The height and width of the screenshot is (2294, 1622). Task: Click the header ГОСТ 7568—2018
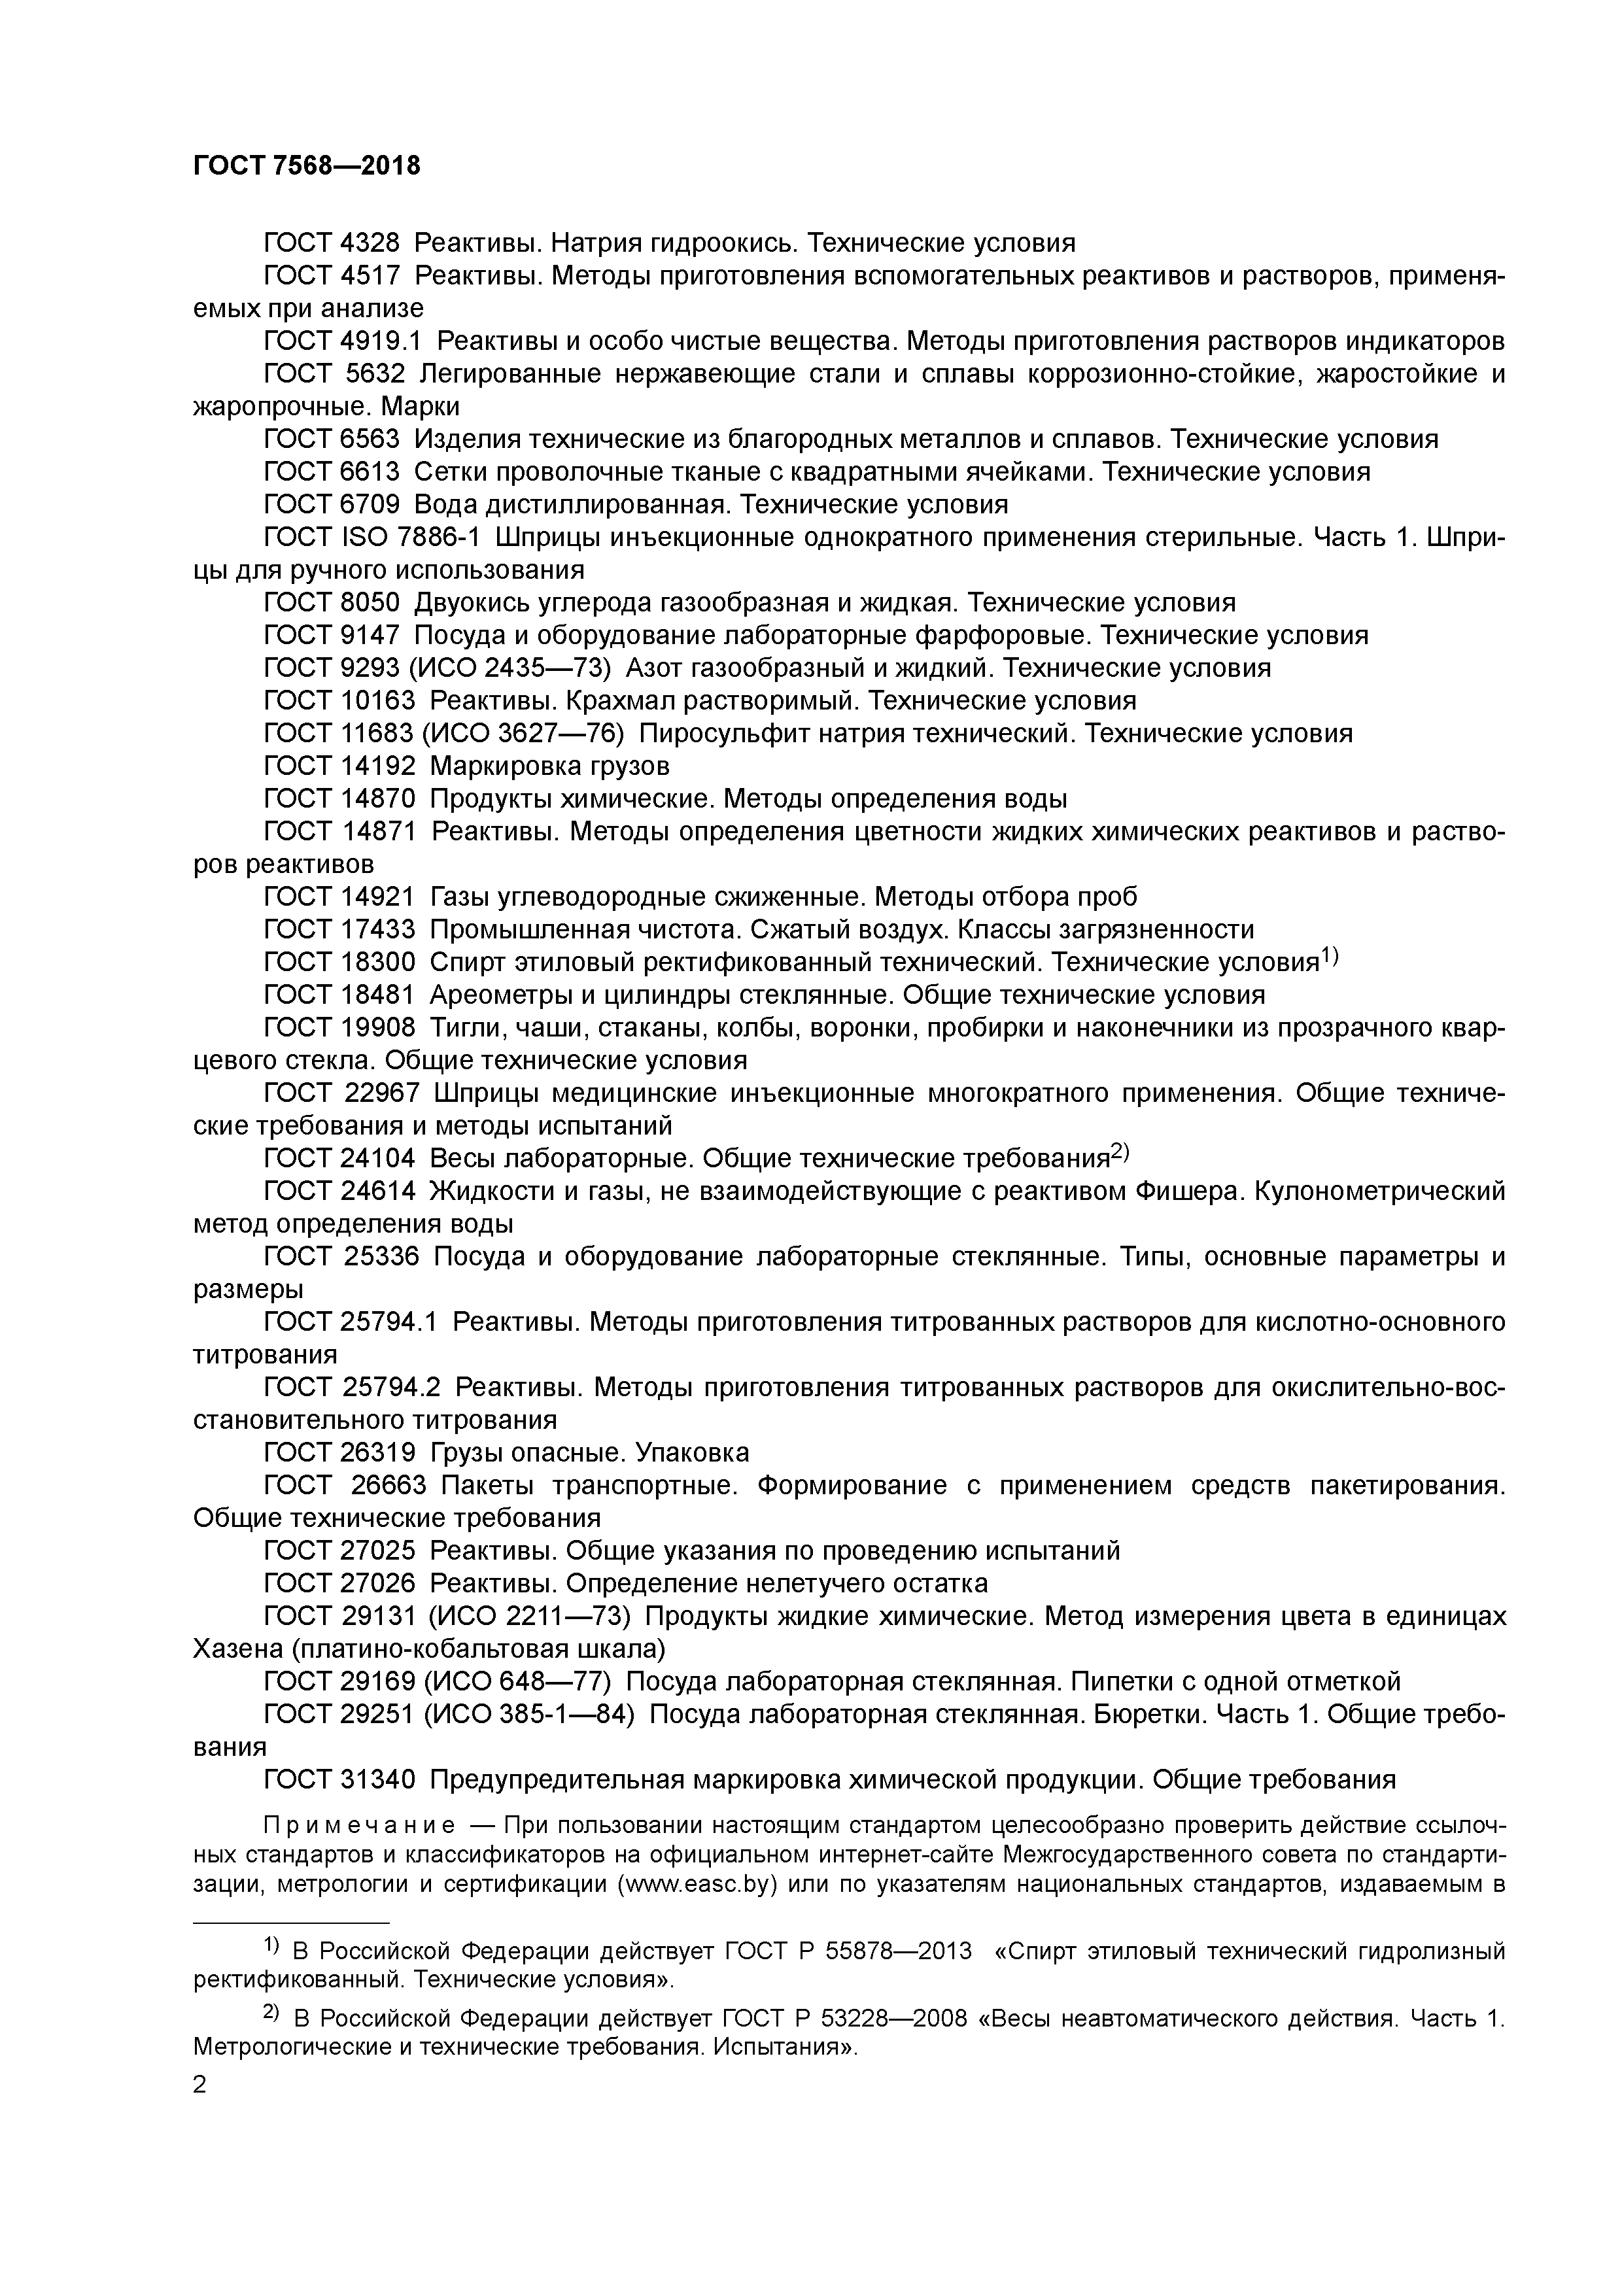[x=306, y=166]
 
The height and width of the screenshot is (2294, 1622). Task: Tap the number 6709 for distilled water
[x=369, y=504]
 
